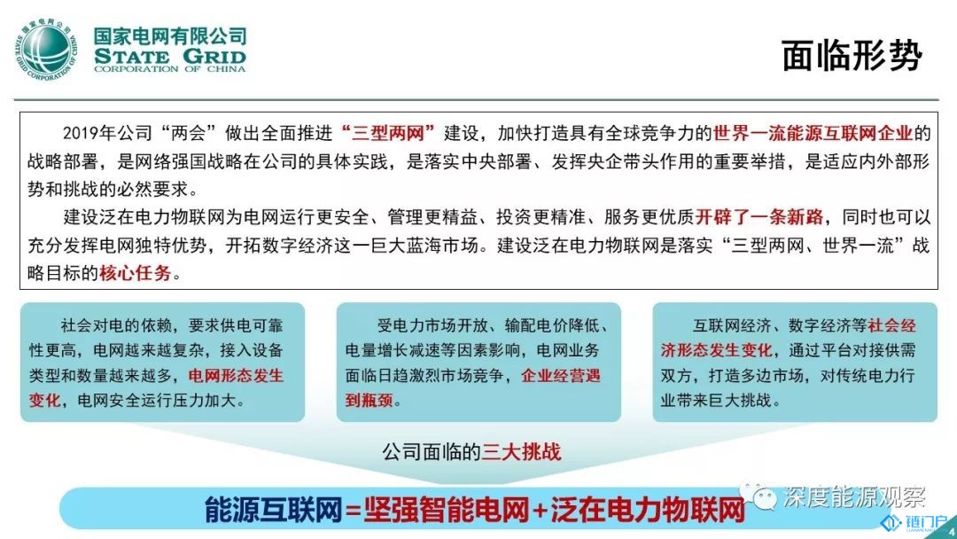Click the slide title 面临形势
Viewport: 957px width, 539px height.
852,56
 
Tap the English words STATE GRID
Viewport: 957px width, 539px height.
169,57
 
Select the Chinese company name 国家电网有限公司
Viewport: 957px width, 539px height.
169,36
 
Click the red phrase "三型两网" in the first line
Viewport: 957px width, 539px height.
388,132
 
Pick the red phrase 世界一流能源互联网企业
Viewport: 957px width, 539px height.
813,132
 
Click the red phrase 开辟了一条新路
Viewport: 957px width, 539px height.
759,216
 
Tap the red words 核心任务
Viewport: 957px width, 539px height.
135,273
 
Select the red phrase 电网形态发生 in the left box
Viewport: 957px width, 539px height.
236,375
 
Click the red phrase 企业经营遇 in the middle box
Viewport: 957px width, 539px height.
561,375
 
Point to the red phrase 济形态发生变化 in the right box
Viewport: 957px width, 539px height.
717,350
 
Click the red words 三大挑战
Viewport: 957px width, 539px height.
521,452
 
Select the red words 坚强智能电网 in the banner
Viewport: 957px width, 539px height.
446,509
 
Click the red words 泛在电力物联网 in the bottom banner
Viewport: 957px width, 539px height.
648,509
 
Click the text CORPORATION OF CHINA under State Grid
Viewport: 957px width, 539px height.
169,69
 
